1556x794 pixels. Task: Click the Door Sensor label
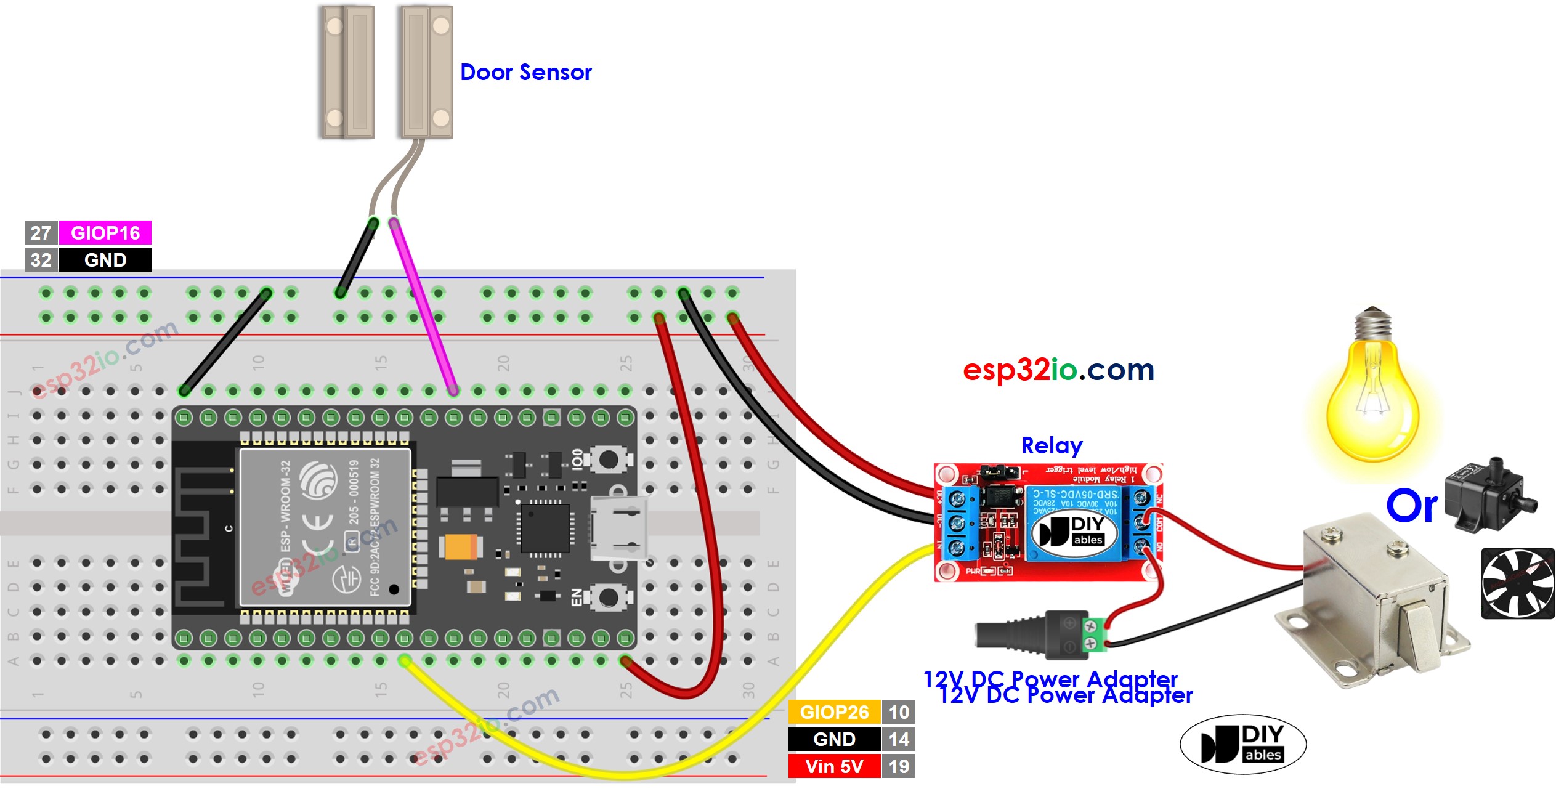tap(525, 73)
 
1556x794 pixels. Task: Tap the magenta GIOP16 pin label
tap(105, 233)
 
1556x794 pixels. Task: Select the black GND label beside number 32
tap(105, 260)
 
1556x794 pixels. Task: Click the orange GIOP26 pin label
tap(834, 712)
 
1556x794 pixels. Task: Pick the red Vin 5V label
tap(834, 766)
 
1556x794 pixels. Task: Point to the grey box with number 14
tap(899, 739)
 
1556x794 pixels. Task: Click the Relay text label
tap(1052, 445)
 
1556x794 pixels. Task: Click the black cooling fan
tap(1517, 583)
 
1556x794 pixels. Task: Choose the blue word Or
tap(1411, 506)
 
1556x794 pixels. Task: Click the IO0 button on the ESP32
tap(608, 459)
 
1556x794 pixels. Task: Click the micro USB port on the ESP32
tap(618, 529)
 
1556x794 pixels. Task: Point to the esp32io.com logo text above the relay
tap(1058, 370)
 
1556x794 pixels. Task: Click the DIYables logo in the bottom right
tap(1243, 744)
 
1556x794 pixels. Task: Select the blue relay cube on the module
tap(1075, 524)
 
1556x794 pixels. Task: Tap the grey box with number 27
tap(41, 233)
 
